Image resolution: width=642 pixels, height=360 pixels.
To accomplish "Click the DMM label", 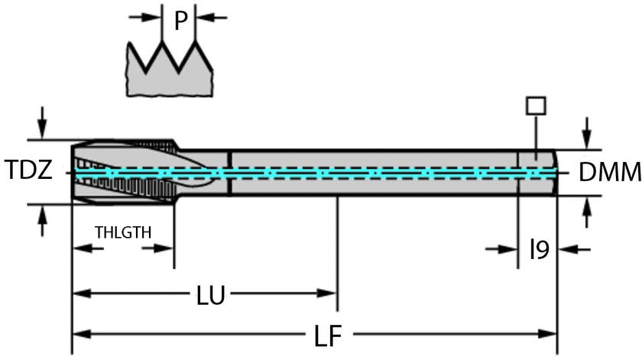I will coord(609,173).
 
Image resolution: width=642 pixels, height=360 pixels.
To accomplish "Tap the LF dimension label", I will coord(327,335).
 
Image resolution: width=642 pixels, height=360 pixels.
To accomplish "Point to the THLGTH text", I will coord(123,232).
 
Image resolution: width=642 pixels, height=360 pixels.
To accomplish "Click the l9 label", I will coord(540,249).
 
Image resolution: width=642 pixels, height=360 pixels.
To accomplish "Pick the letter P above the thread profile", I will coord(180,21).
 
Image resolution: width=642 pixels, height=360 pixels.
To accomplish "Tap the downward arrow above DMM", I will coord(586,132).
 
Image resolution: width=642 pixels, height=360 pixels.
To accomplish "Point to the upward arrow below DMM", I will coord(586,212).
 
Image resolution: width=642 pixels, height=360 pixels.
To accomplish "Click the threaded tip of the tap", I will coord(122,172).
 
